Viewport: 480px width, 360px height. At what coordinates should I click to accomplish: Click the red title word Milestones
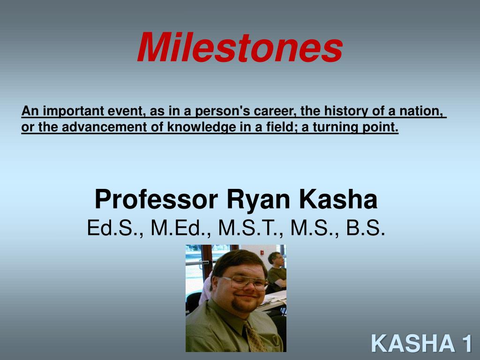pyautogui.click(x=240, y=47)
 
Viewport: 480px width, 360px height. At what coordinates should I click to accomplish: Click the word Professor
pyautogui.click(x=156, y=199)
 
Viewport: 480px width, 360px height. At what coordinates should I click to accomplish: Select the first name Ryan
pyautogui.click(x=258, y=200)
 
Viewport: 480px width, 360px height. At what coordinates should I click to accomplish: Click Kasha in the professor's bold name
pyautogui.click(x=338, y=199)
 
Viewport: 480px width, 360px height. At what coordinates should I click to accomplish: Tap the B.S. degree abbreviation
pyautogui.click(x=365, y=228)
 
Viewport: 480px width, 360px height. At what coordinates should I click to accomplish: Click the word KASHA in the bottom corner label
pyautogui.click(x=413, y=343)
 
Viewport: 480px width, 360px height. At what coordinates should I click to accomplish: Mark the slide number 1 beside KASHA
pyautogui.click(x=467, y=343)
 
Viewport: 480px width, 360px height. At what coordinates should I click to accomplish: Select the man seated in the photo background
pyautogui.click(x=277, y=271)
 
